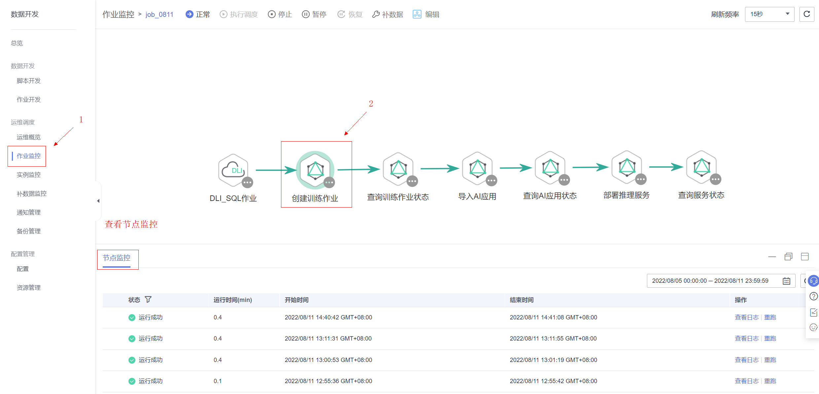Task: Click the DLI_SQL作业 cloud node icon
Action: coord(233,170)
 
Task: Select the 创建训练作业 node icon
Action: coord(315,170)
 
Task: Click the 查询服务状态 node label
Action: coord(701,195)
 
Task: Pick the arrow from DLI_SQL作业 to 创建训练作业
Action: coord(276,170)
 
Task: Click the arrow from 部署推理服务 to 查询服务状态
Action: coord(666,167)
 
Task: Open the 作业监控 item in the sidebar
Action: coord(29,156)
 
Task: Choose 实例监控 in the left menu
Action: coord(29,175)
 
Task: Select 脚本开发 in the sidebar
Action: coord(29,81)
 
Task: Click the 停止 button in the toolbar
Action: coord(280,14)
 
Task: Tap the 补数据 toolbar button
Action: coord(388,14)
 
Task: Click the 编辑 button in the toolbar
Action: coord(426,14)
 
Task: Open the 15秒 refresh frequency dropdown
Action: coord(769,14)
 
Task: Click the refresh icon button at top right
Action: coord(807,14)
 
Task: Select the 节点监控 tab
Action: coord(117,258)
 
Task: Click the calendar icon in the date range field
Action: coord(787,281)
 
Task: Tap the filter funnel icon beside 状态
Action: coord(148,299)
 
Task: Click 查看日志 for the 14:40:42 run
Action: coord(747,317)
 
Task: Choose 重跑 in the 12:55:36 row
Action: coord(770,381)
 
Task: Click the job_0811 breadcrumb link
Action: coord(159,15)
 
